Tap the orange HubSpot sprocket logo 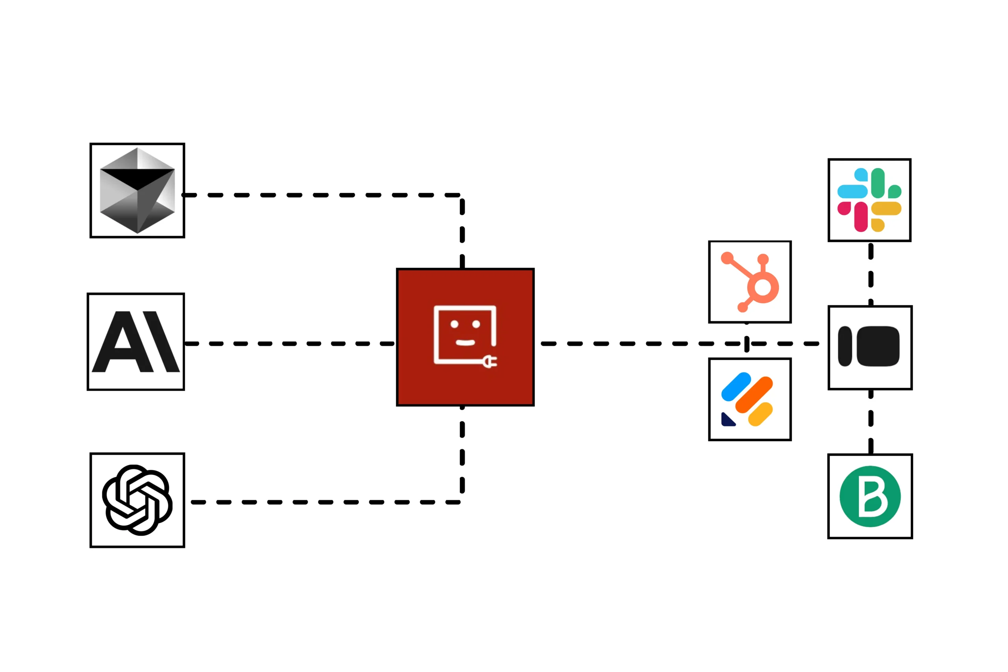pyautogui.click(x=750, y=282)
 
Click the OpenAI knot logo pyautogui.click(x=137, y=500)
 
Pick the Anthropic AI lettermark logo pyautogui.click(x=136, y=342)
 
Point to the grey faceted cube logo pyautogui.click(x=137, y=190)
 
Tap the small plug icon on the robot pyautogui.click(x=489, y=362)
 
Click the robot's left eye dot pyautogui.click(x=454, y=324)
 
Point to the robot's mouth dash pyautogui.click(x=465, y=342)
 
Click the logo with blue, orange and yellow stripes pyautogui.click(x=750, y=400)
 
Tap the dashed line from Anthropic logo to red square pyautogui.click(x=289, y=344)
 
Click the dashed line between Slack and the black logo pyautogui.click(x=871, y=274)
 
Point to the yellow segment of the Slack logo pyautogui.click(x=886, y=209)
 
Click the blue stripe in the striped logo pyautogui.click(x=736, y=387)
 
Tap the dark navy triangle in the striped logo pyautogui.click(x=727, y=420)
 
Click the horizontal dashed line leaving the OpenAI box pyautogui.click(x=326, y=502)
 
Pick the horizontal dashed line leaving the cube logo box pyautogui.click(x=321, y=195)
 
